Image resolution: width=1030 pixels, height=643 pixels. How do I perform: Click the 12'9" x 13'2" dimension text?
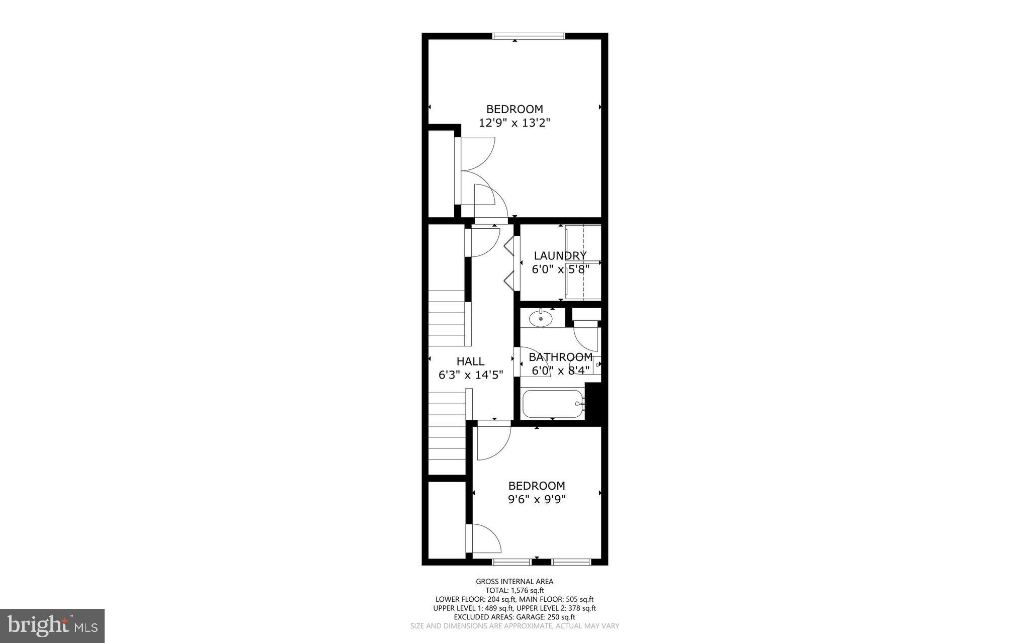[514, 123]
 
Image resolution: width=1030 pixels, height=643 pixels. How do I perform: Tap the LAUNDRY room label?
[560, 255]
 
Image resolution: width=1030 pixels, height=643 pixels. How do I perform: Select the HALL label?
[470, 361]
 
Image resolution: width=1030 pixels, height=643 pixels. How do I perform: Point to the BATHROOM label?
[560, 357]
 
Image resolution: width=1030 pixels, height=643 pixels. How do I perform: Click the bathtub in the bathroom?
[554, 404]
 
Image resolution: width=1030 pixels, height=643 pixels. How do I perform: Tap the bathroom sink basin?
[541, 318]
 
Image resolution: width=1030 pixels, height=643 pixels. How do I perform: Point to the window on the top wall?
[529, 36]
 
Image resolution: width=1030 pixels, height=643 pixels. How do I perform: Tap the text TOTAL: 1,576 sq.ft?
[514, 591]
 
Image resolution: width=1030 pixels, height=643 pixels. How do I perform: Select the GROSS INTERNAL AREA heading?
[514, 582]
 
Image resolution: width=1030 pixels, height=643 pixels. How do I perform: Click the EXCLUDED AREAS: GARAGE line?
[514, 617]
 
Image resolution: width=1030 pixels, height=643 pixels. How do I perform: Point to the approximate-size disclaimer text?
[514, 626]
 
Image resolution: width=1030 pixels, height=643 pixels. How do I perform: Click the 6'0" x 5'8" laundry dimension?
[560, 269]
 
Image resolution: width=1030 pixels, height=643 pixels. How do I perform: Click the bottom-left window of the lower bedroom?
[511, 562]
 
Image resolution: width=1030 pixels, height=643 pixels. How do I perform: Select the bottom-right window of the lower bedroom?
[571, 562]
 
